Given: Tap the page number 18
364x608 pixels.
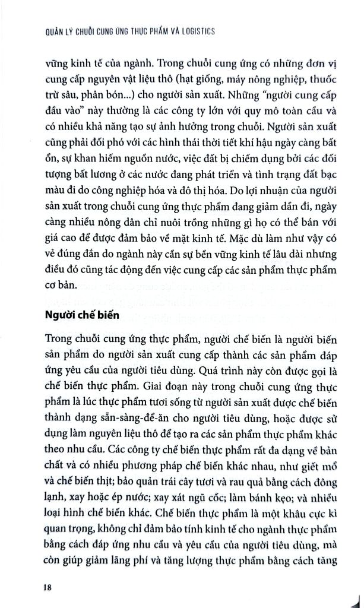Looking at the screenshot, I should click(x=49, y=588).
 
